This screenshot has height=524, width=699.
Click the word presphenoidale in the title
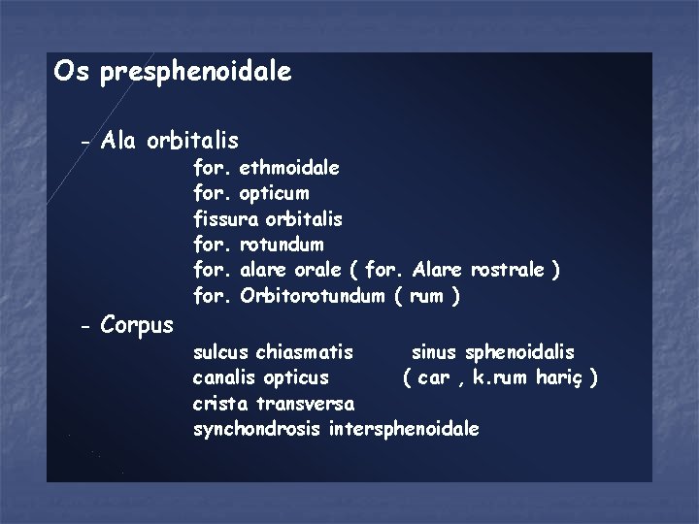point(195,72)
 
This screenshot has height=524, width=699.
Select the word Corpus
point(137,324)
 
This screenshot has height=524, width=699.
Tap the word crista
point(219,402)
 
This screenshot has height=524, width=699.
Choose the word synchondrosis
point(258,428)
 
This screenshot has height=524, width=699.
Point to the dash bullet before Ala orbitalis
point(85,144)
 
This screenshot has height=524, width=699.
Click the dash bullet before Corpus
point(85,325)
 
